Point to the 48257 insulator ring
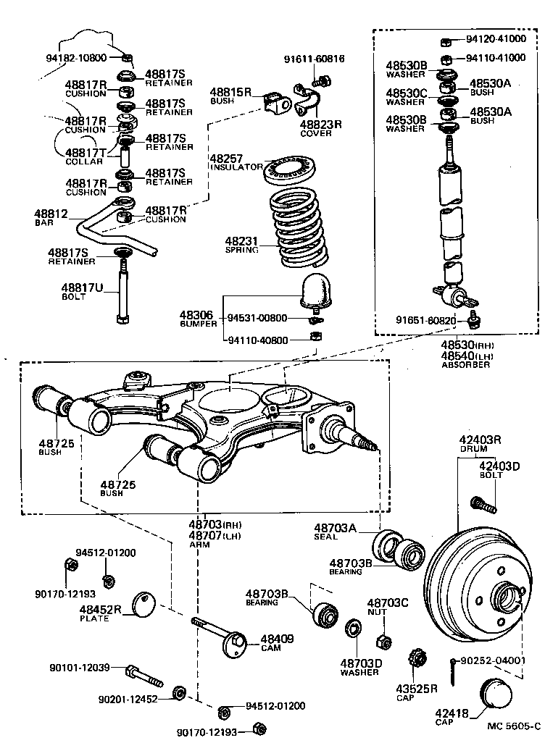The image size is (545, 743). (291, 169)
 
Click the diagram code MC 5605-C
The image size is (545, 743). (513, 725)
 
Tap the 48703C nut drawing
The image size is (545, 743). (384, 641)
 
